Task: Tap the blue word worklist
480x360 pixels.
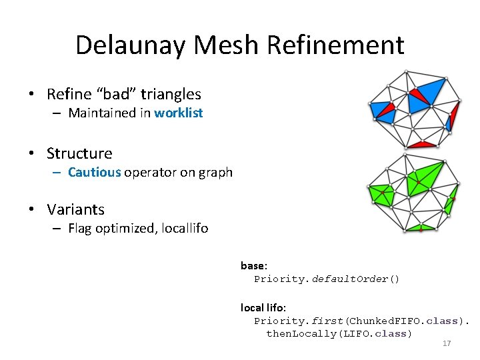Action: coord(178,113)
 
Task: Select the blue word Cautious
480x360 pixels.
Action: coord(94,172)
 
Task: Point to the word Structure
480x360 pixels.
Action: coord(79,153)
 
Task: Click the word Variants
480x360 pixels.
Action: coord(75,209)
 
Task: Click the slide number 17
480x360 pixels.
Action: coord(447,343)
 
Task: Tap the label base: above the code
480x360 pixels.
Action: coord(254,265)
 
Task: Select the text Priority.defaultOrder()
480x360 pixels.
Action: coord(327,279)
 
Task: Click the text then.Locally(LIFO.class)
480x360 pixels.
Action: coord(339,333)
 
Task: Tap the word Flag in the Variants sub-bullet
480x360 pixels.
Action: coord(81,229)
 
